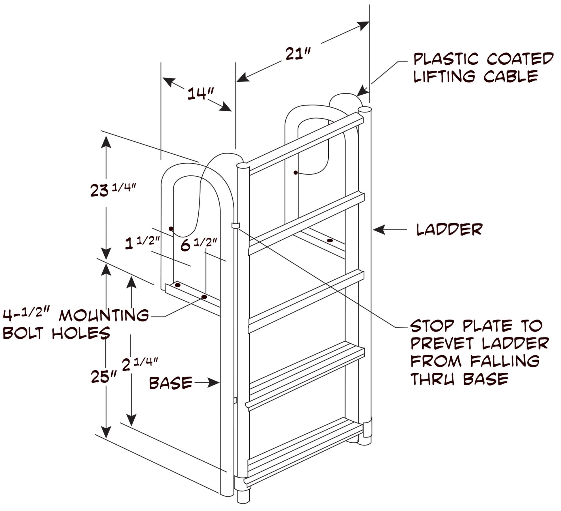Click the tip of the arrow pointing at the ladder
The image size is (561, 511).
373,230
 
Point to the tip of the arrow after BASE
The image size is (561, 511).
219,383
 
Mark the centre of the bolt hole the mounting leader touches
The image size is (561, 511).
204,297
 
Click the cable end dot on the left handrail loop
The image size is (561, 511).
171,229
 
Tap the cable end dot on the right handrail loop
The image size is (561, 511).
295,173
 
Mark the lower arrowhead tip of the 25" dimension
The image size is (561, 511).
106,439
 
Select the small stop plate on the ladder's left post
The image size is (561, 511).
236,225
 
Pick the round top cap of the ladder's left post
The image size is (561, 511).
243,166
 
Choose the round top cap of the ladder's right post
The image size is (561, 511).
365,110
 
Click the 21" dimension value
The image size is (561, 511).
298,54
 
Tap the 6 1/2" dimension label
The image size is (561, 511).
199,244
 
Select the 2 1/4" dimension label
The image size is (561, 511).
140,364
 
